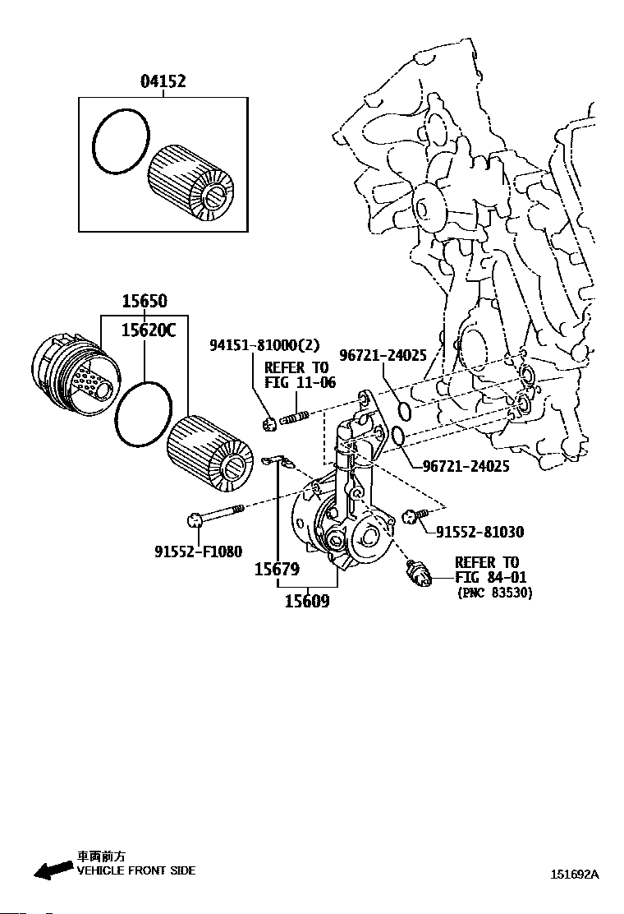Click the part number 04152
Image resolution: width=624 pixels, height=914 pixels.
tap(163, 81)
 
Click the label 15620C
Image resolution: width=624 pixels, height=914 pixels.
tap(149, 330)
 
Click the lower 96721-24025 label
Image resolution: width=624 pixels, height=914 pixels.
tap(466, 466)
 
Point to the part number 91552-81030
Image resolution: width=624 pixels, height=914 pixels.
tap(479, 532)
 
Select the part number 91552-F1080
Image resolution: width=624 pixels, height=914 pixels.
tap(198, 551)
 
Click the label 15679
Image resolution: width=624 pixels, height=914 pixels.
tap(276, 568)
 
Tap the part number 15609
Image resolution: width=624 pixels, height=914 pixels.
tap(307, 601)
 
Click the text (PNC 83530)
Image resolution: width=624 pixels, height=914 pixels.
tap(493, 592)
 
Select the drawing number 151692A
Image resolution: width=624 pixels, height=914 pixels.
tap(574, 875)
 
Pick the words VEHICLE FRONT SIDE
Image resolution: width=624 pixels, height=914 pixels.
tap(136, 870)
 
